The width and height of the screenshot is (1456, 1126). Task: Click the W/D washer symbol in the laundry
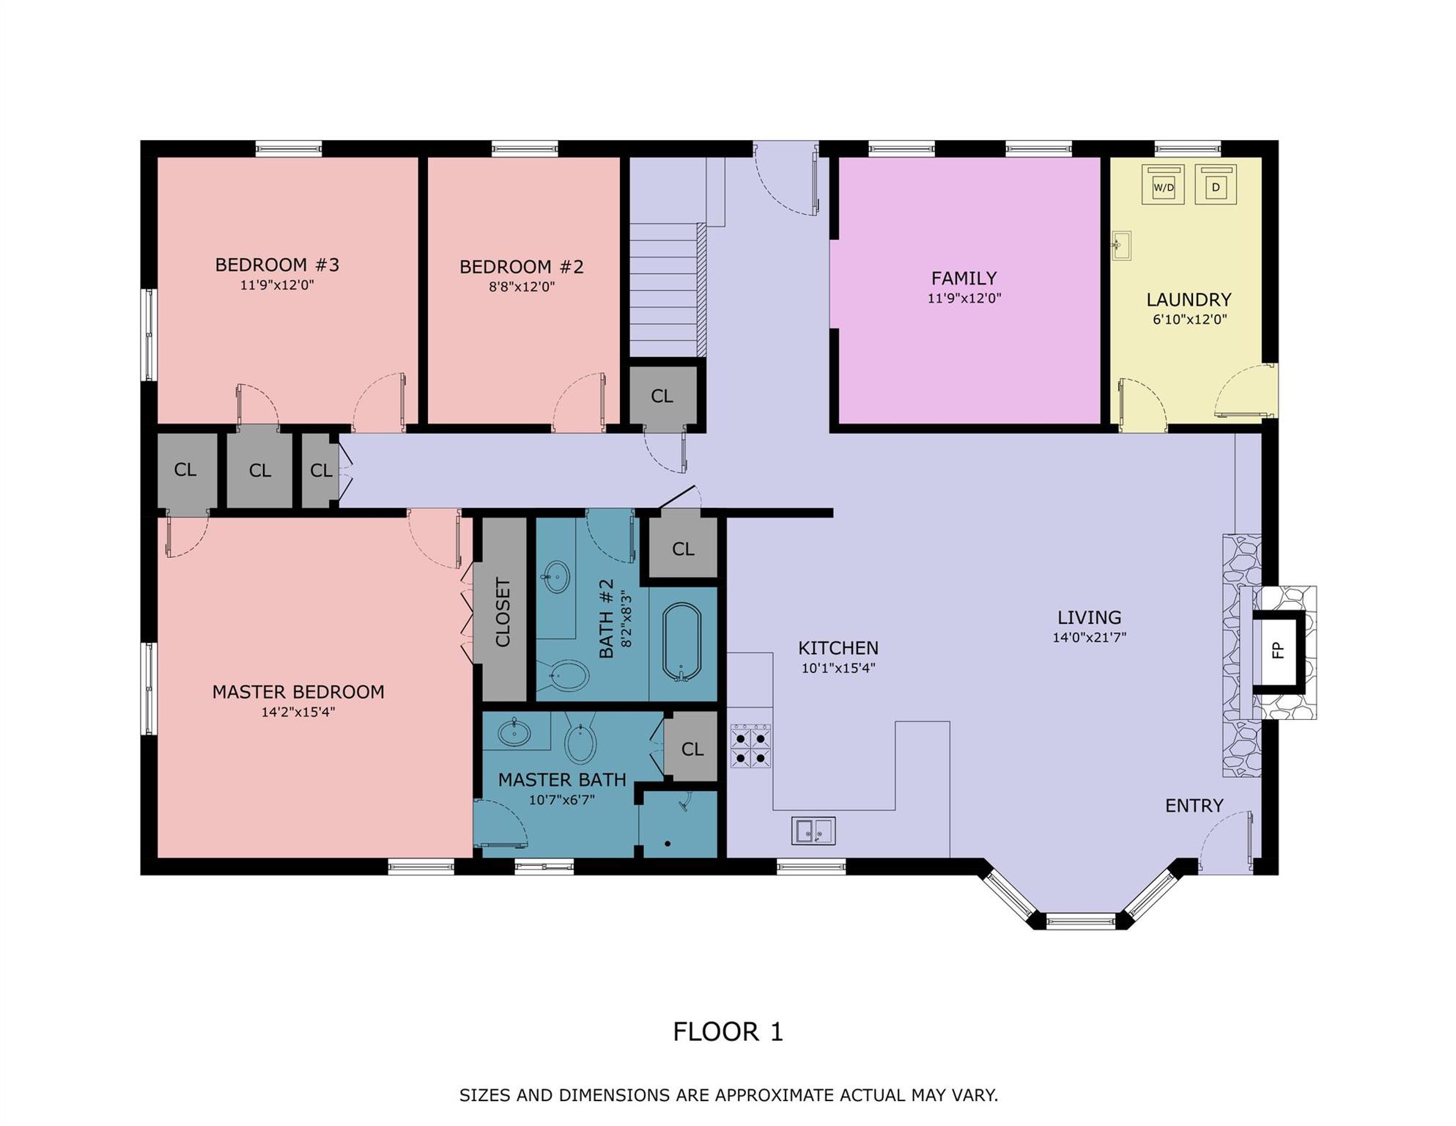coord(1163,185)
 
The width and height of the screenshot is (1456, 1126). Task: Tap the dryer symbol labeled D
coord(1216,185)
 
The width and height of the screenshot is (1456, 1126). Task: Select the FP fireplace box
coord(1278,650)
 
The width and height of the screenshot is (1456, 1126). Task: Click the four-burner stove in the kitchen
coord(750,746)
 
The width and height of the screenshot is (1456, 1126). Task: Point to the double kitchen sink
coord(813,831)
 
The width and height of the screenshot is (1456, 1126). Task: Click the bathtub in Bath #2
coord(681,643)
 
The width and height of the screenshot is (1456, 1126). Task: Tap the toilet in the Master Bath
coord(580,743)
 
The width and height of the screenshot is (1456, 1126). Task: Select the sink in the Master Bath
coord(514,732)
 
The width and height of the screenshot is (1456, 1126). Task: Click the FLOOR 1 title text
coord(728,1032)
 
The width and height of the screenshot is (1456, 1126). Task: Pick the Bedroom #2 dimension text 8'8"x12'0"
coord(522,287)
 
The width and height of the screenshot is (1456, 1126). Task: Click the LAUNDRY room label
coord(1189,299)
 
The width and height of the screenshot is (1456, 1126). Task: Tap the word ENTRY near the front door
coord(1194,806)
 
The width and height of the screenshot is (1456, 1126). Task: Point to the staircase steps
coord(664,290)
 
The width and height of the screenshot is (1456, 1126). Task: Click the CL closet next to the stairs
coord(662,396)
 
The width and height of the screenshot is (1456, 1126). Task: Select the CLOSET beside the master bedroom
coord(503,611)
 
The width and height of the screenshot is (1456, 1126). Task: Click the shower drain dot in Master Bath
coord(668,844)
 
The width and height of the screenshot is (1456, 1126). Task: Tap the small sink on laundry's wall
coord(1121,245)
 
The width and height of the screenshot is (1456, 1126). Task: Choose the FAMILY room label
coord(964,279)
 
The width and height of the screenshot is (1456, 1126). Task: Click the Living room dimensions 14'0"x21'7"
coord(1089,638)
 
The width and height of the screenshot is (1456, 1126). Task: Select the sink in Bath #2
coord(557,577)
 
